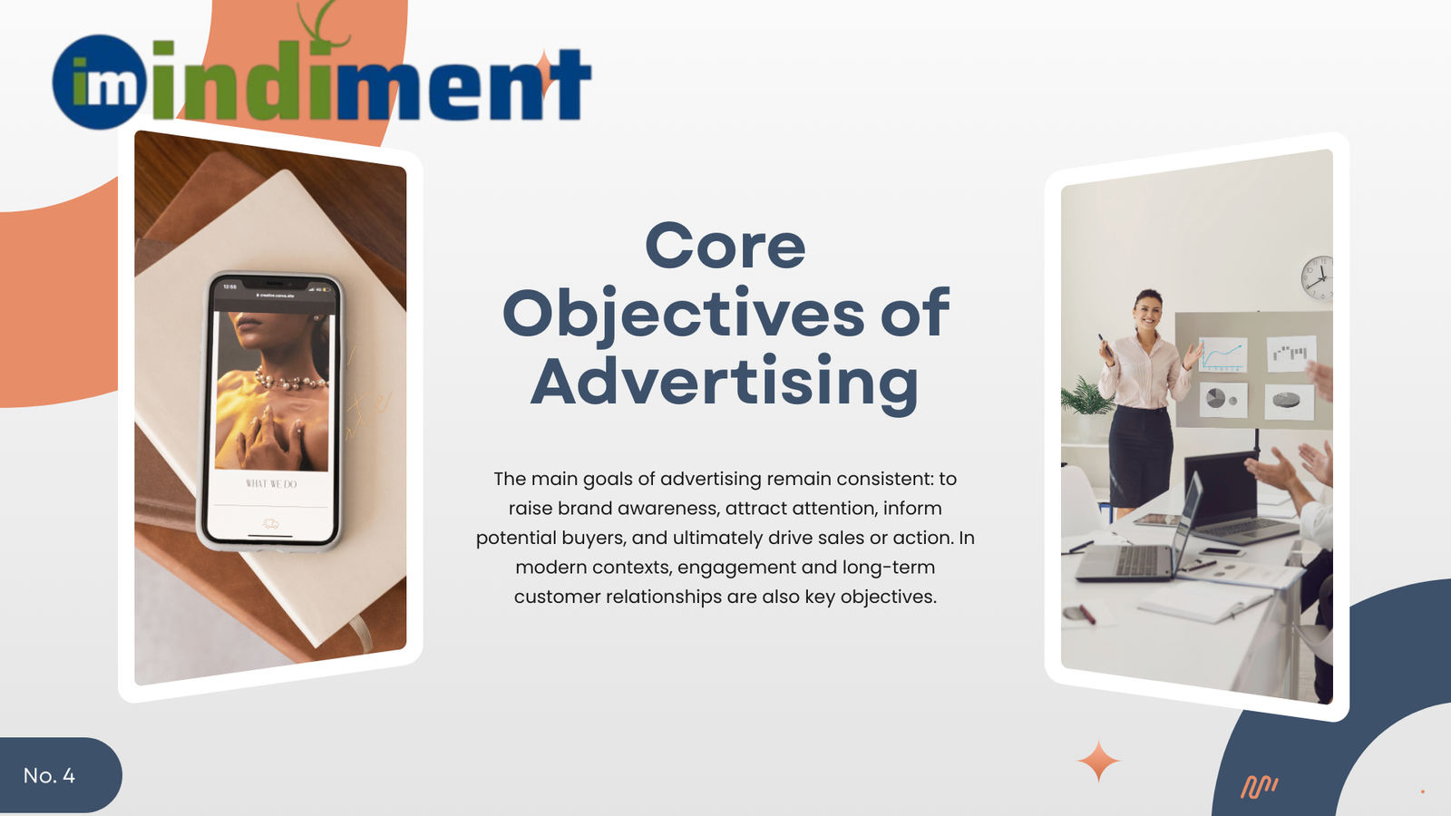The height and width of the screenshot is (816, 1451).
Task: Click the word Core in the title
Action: [725, 247]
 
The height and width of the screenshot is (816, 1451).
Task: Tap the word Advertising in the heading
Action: [725, 383]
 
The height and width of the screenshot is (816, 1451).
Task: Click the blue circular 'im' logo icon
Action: [99, 83]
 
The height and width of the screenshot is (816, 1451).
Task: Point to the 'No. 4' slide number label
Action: [49, 776]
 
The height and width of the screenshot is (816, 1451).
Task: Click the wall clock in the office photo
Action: [1317, 277]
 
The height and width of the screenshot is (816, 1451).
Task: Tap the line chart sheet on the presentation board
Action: [1222, 355]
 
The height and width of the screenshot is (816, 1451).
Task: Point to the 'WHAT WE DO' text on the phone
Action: [271, 484]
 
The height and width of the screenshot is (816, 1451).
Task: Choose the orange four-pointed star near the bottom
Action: [1098, 761]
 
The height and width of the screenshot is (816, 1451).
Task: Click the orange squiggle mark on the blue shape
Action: [1259, 786]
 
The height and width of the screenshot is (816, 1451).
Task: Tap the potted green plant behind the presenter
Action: [1086, 399]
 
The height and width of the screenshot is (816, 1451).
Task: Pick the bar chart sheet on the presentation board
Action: [1290, 352]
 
